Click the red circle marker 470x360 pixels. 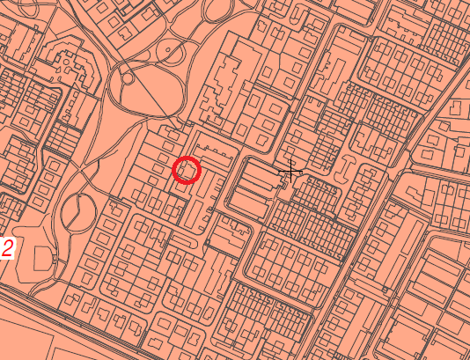187,169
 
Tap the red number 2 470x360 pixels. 6,249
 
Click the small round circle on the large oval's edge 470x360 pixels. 129,77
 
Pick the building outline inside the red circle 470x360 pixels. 187,170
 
